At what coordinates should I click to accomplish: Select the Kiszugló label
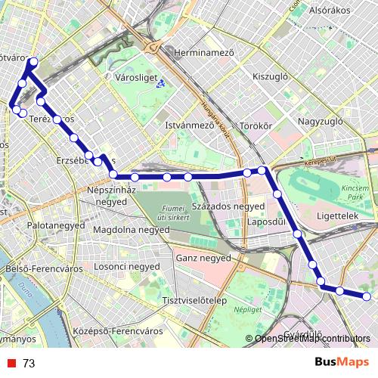click(x=271, y=77)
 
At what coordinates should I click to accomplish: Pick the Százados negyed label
click(x=228, y=206)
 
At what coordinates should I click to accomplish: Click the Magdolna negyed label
click(x=131, y=229)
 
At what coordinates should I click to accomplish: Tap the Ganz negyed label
click(x=202, y=258)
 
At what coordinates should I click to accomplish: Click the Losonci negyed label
click(x=126, y=267)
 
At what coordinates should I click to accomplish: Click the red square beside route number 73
click(x=9, y=364)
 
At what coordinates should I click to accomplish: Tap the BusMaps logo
click(x=342, y=362)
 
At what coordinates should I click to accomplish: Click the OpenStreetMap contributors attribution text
click(x=313, y=339)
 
